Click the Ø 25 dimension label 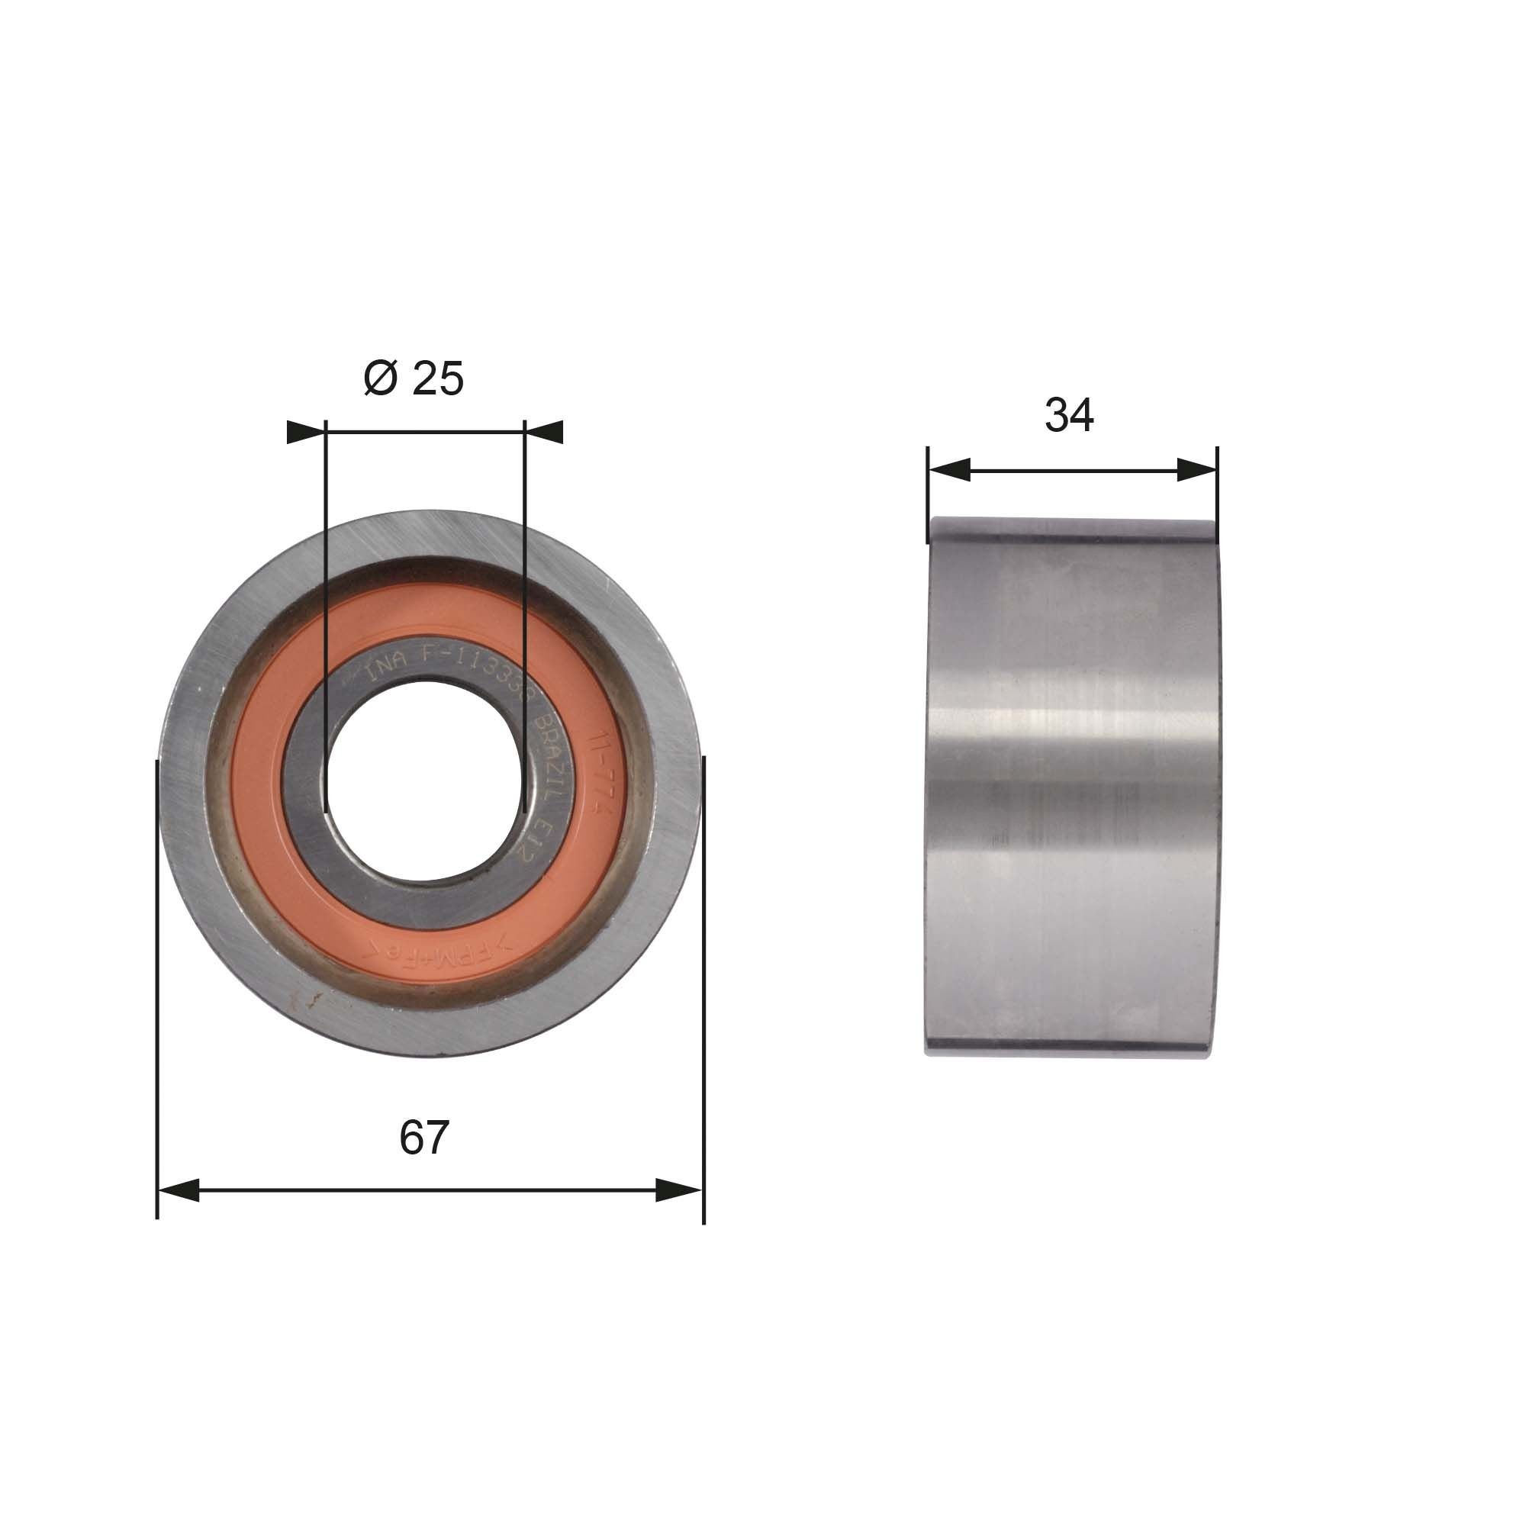(414, 378)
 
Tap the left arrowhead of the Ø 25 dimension (307, 432)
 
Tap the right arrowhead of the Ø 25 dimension (543, 432)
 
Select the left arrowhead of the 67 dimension (179, 1212)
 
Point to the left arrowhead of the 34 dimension (949, 470)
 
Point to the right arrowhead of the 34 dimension (1196, 470)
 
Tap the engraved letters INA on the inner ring (387, 672)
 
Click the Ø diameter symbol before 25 (380, 378)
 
